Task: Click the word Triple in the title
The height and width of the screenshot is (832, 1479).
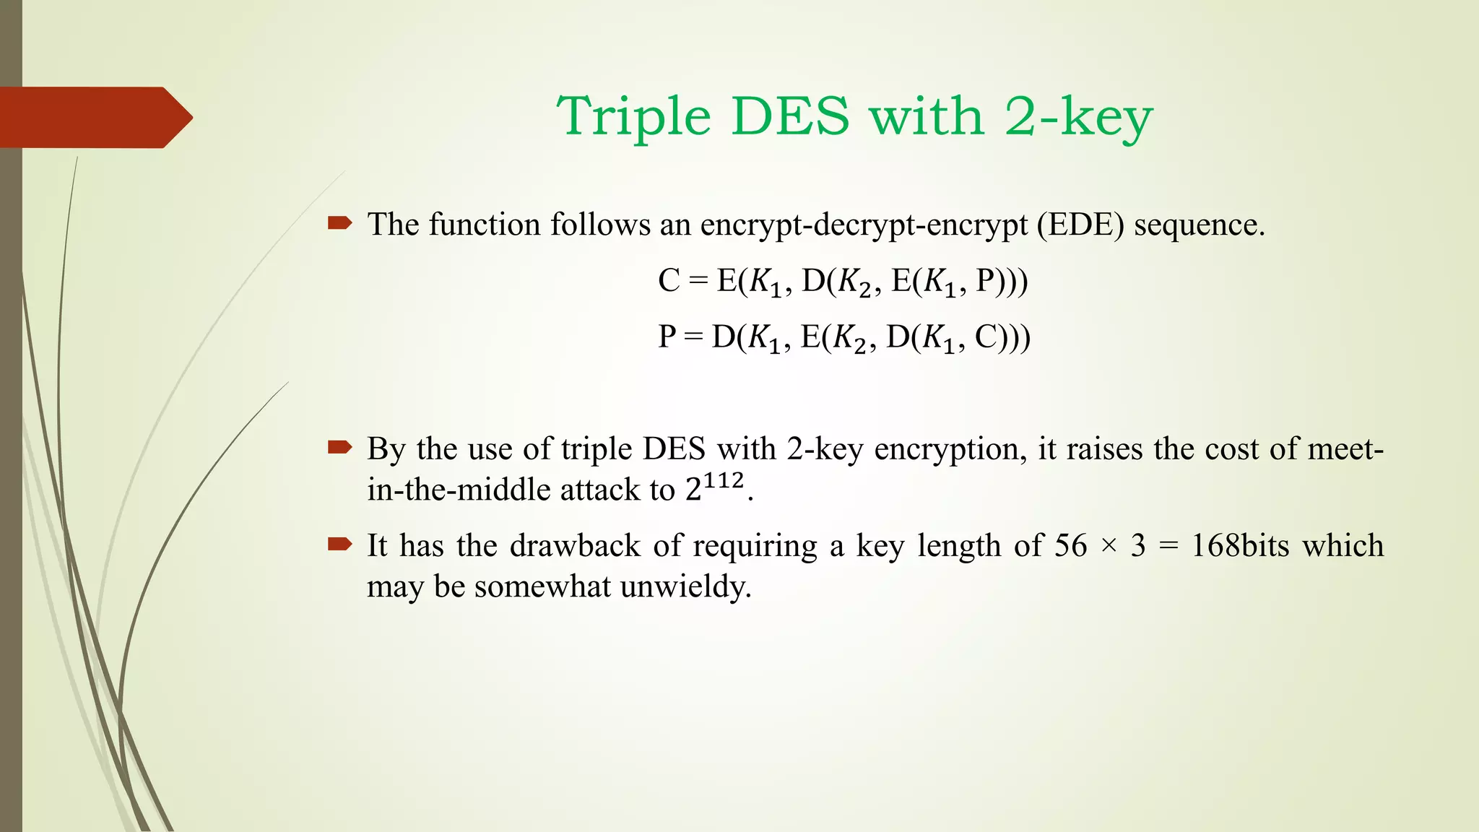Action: click(x=634, y=117)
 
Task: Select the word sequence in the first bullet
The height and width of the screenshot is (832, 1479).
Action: click(x=1199, y=225)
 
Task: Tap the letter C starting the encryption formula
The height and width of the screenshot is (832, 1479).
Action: click(x=669, y=280)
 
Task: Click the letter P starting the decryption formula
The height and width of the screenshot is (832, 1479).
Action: click(x=667, y=337)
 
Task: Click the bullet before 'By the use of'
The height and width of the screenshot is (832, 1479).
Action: click(x=339, y=448)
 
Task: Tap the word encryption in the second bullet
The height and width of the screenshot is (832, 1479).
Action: click(x=950, y=449)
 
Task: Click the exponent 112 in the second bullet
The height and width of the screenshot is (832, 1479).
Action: click(x=724, y=480)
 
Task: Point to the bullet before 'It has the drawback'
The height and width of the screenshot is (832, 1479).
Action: click(x=339, y=544)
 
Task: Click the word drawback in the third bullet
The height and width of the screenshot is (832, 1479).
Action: click(x=575, y=545)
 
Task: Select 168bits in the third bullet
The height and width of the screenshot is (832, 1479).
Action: click(x=1240, y=545)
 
